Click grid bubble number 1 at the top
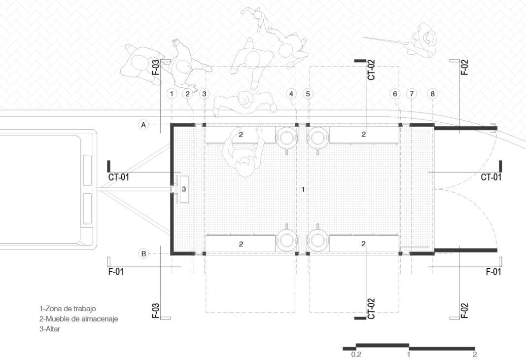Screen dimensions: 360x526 (x=172, y=94)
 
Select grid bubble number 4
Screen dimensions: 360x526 (x=291, y=94)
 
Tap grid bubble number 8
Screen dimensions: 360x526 (x=432, y=94)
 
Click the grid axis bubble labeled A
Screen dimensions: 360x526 (x=143, y=125)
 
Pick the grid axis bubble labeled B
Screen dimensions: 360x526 (x=143, y=253)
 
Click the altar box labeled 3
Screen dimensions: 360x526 (x=184, y=189)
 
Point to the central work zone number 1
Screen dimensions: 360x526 (x=303, y=189)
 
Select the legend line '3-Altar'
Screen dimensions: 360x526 (x=50, y=329)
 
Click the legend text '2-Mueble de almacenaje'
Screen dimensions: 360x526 (x=78, y=319)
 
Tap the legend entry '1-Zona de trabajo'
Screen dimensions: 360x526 (x=68, y=309)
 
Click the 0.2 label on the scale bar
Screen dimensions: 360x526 (x=356, y=354)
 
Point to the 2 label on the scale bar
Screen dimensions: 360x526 (x=474, y=354)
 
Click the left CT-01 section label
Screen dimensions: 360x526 (x=118, y=177)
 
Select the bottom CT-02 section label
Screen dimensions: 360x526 (x=371, y=309)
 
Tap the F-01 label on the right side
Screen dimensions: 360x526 (x=493, y=272)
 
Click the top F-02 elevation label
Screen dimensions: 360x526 (x=464, y=67)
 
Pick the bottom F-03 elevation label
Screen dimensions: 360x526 (x=155, y=311)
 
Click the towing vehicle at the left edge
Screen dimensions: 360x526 (x=47, y=187)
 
